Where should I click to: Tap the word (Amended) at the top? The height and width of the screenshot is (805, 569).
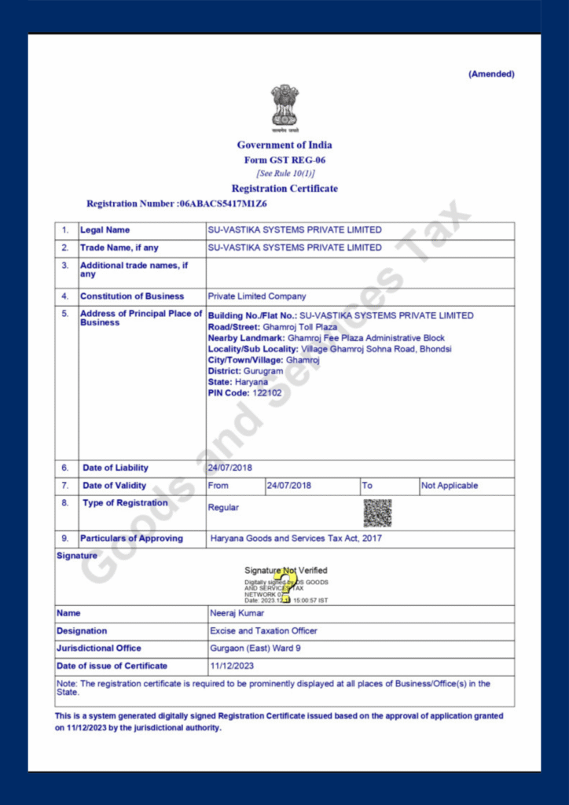[491, 74]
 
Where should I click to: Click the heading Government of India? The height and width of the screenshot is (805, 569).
[284, 145]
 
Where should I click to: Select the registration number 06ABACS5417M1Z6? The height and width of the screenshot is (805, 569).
[223, 204]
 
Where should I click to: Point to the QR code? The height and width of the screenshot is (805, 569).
[377, 513]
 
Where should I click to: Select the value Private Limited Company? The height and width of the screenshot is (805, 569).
[257, 296]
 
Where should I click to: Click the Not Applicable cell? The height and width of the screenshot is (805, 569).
[450, 486]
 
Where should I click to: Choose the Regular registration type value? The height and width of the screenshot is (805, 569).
[223, 508]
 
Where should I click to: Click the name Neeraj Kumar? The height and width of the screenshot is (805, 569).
[237, 613]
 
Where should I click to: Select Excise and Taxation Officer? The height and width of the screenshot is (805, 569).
[263, 630]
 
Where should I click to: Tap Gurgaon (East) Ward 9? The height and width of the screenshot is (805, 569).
[255, 649]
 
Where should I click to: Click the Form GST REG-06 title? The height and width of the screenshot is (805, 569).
[284, 160]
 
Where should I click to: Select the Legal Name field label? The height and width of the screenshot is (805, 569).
[105, 230]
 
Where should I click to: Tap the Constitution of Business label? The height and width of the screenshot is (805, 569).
[132, 296]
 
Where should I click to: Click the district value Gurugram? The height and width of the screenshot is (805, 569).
[259, 371]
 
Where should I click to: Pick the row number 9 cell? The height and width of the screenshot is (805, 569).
[65, 539]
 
